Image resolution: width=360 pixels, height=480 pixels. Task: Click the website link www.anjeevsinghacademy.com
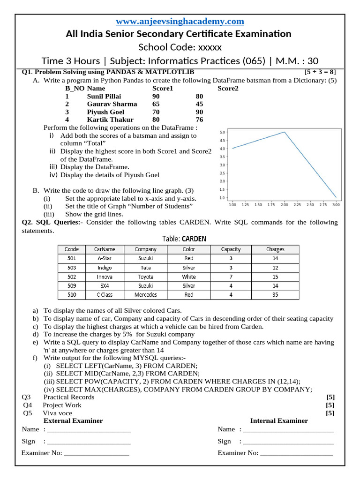(180, 21)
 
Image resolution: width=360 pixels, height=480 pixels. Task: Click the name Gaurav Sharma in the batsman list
(112, 104)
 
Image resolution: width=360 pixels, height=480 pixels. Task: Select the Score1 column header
(163, 88)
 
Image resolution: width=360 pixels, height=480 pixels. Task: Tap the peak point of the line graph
(284, 132)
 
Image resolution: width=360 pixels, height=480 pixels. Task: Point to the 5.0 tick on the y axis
(223, 132)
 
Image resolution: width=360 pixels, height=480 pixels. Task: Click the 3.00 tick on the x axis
(336, 205)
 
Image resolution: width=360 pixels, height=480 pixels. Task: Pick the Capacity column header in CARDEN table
(231, 249)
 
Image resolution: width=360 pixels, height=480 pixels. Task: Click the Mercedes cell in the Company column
(146, 295)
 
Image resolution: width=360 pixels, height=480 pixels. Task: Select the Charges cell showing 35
(275, 295)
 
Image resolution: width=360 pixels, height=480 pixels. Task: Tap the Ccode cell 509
(72, 285)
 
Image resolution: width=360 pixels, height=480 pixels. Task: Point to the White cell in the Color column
(189, 277)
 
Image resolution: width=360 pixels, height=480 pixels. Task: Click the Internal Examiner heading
(279, 420)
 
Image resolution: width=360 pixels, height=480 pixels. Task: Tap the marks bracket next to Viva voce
(330, 413)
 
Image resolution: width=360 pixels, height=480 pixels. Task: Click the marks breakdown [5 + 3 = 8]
(320, 72)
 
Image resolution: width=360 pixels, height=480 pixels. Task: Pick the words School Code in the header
(167, 47)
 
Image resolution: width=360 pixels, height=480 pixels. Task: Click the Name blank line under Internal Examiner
(288, 430)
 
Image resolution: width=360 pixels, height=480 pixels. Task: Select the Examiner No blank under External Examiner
(96, 454)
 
